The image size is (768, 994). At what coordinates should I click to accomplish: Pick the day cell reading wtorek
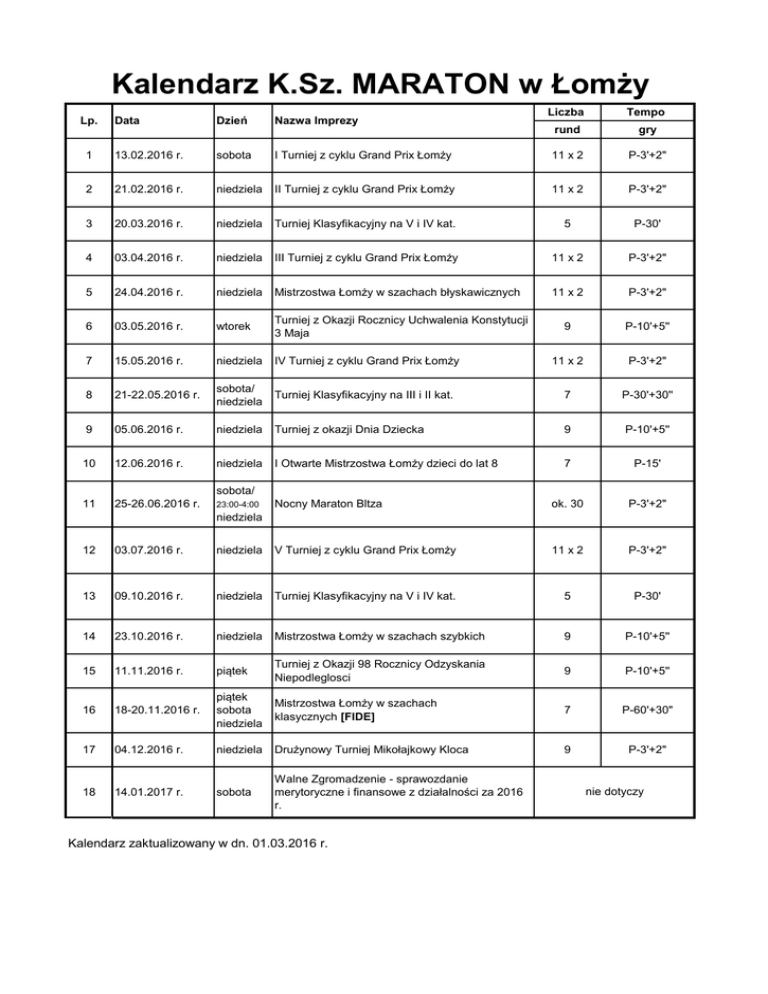(234, 325)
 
